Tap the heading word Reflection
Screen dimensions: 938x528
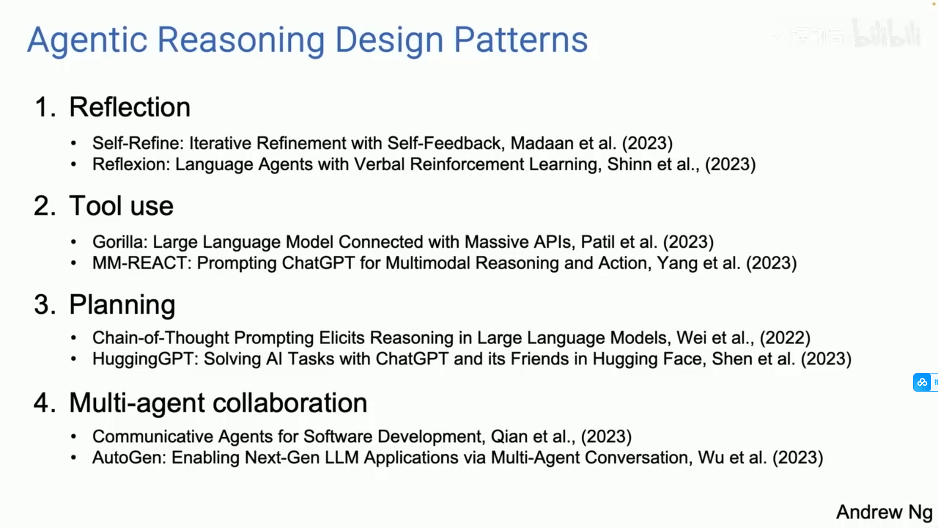pyautogui.click(x=130, y=107)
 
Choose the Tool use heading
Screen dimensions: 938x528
pyautogui.click(x=121, y=206)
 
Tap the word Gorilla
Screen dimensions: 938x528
pyautogui.click(x=120, y=242)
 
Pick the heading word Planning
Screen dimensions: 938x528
pyautogui.click(x=122, y=306)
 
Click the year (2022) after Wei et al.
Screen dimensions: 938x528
pyautogui.click(x=785, y=338)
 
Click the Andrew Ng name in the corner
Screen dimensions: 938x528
pyautogui.click(x=884, y=512)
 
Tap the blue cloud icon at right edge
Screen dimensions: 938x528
pyautogui.click(x=922, y=382)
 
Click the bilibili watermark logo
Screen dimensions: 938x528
pyautogui.click(x=887, y=33)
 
